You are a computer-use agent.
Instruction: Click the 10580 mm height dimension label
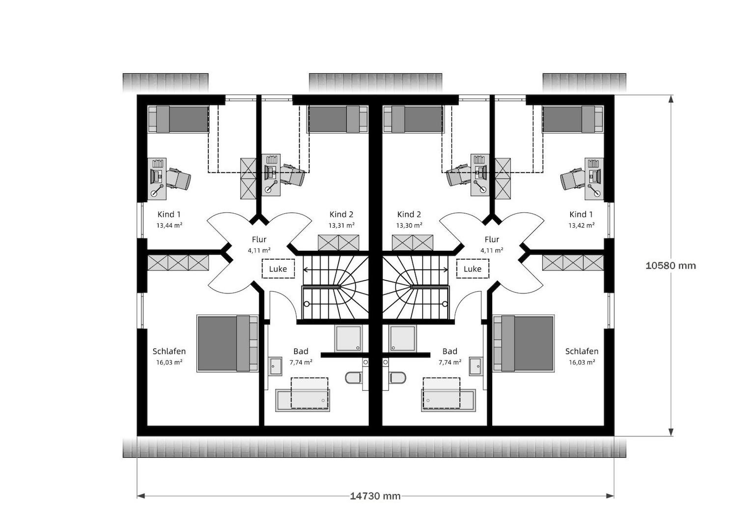(670, 265)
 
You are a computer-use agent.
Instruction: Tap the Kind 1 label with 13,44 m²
(169, 214)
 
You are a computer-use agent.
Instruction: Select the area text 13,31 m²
(341, 225)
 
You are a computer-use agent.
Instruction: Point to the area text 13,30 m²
(409, 225)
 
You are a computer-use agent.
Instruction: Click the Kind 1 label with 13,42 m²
(581, 214)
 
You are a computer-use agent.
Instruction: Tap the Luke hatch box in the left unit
(278, 268)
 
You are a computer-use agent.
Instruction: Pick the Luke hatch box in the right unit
(472, 268)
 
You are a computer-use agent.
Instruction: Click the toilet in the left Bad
(354, 378)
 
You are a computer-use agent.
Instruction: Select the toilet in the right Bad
(397, 378)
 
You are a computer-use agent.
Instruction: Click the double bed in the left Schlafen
(227, 343)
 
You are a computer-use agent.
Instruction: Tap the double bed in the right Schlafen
(524, 343)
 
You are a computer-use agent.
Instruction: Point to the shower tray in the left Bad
(348, 338)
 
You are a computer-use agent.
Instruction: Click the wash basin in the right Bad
(476, 366)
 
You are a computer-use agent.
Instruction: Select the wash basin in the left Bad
(275, 366)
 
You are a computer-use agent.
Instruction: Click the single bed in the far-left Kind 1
(179, 119)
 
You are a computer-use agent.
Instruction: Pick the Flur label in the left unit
(259, 239)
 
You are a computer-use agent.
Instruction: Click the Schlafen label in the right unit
(582, 352)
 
